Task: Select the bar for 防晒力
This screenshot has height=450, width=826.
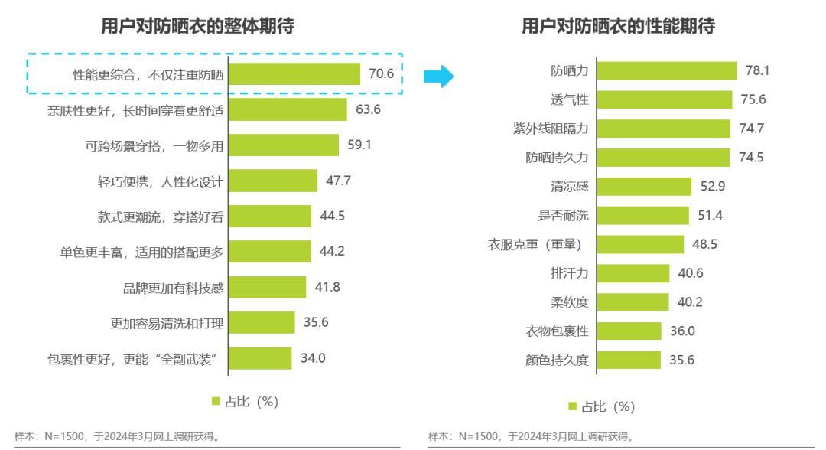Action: click(x=666, y=70)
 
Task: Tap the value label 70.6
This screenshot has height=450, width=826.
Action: click(x=381, y=74)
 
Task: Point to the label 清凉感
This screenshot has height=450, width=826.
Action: click(x=570, y=187)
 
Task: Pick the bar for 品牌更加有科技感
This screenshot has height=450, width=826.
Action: click(x=267, y=287)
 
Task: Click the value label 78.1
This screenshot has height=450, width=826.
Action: click(x=757, y=70)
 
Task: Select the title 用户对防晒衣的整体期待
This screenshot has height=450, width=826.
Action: click(x=197, y=26)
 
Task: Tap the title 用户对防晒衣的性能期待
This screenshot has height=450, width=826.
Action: click(x=618, y=26)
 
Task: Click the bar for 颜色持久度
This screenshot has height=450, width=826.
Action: click(x=629, y=360)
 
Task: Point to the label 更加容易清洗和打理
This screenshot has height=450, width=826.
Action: click(x=167, y=323)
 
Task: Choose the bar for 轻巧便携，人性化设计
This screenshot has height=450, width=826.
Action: click(x=272, y=181)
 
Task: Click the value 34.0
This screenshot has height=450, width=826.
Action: click(x=313, y=358)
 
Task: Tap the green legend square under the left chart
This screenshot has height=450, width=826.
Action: click(x=215, y=401)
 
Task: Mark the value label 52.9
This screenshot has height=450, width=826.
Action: click(x=713, y=187)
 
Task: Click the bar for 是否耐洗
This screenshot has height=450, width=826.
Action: click(x=642, y=215)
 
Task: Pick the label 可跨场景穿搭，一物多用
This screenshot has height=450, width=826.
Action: click(x=154, y=145)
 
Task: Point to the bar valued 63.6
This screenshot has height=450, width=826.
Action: click(x=288, y=109)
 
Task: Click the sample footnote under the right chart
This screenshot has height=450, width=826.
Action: click(x=531, y=437)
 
